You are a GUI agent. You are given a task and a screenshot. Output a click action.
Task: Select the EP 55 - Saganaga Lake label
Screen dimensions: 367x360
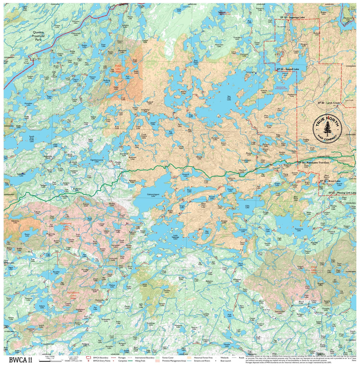[292, 17]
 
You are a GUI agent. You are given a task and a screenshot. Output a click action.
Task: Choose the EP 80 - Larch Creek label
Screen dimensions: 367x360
[329, 103]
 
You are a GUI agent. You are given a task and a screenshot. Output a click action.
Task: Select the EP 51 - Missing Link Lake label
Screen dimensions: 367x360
[342, 193]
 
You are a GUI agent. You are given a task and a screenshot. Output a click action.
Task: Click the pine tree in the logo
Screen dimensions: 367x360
[327, 129]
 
